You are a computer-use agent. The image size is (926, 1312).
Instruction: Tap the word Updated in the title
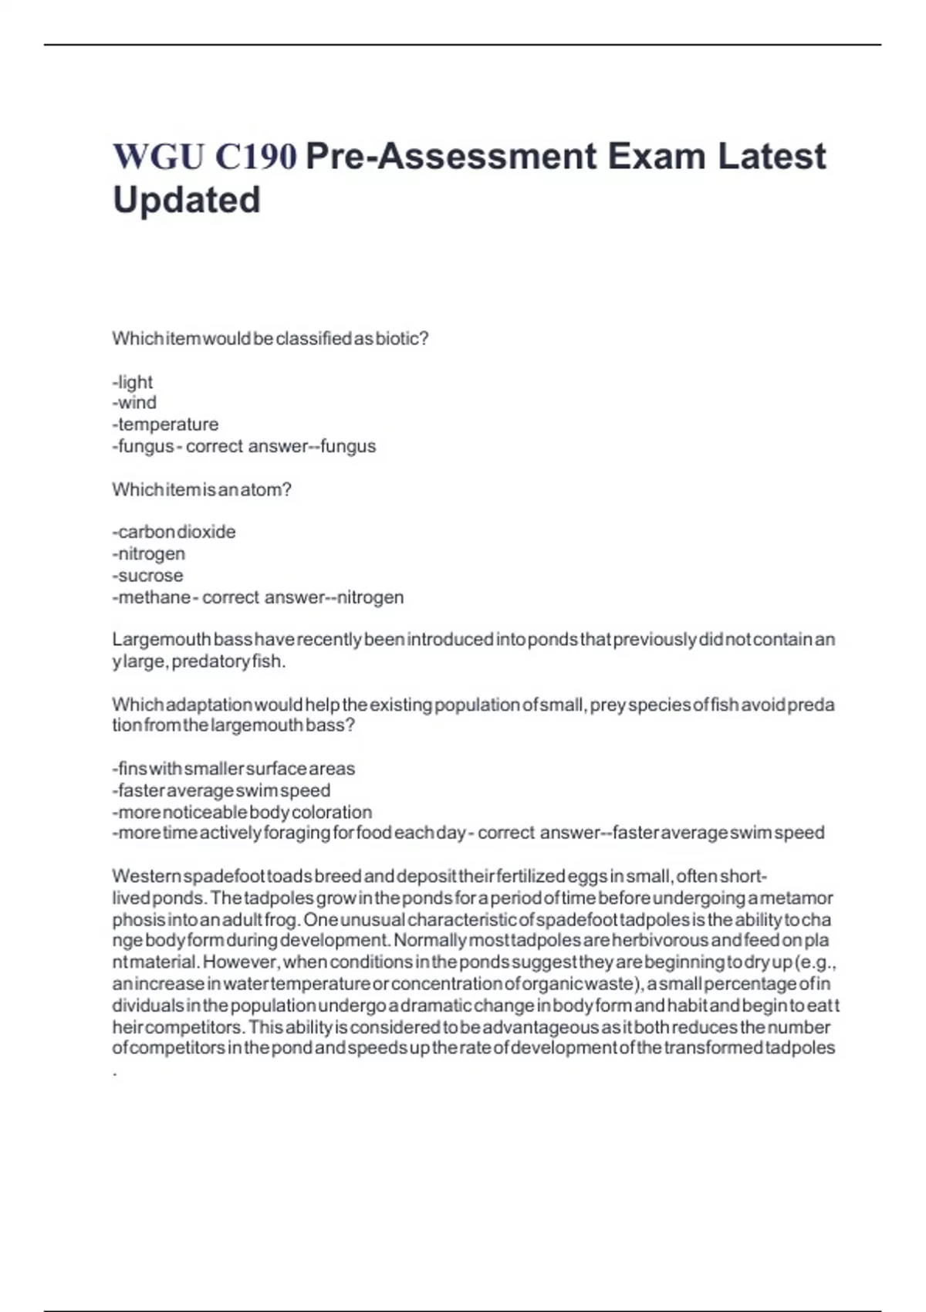tap(187, 200)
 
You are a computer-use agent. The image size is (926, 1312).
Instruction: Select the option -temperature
tap(165, 424)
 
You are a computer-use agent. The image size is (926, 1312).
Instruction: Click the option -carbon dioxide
tap(174, 532)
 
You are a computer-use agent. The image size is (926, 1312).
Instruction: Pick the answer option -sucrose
tap(147, 576)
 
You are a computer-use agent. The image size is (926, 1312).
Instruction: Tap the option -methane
tap(151, 597)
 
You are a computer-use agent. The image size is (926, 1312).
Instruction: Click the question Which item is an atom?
tap(201, 489)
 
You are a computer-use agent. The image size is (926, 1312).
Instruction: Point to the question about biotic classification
tap(270, 339)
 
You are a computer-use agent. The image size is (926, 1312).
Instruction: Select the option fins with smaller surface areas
tap(234, 769)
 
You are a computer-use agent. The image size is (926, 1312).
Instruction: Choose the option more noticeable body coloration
tap(242, 812)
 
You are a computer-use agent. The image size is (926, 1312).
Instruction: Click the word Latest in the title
tap(772, 157)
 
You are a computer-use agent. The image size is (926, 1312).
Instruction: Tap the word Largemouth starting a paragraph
tap(161, 640)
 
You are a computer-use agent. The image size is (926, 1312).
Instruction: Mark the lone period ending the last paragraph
tap(115, 1073)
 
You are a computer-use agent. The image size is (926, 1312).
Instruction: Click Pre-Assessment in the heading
tap(451, 157)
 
